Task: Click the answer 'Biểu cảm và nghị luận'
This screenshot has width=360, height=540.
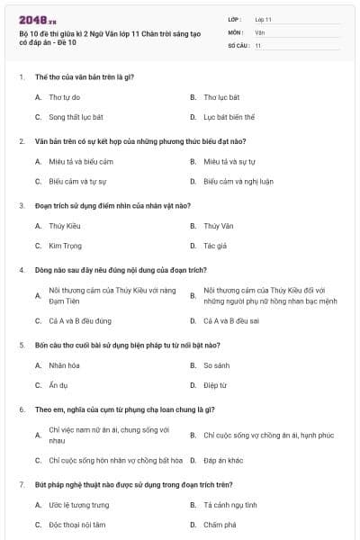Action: [238, 181]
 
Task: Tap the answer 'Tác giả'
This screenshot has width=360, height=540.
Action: [215, 246]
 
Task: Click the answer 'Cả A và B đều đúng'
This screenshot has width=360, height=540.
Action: [80, 320]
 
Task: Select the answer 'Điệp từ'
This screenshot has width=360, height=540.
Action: [214, 385]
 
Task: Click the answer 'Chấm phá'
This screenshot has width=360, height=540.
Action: [219, 525]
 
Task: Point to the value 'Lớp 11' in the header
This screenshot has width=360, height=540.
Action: [263, 19]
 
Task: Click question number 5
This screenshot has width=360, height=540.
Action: [22, 345]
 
